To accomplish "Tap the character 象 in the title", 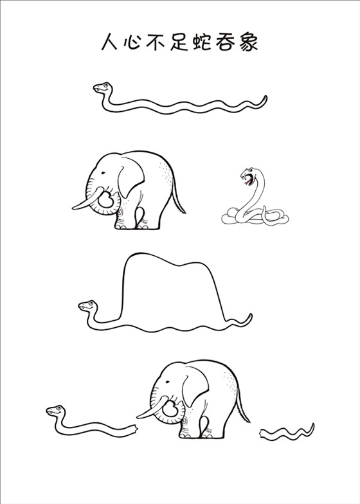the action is click(248, 41).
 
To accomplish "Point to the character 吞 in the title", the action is click(225, 41).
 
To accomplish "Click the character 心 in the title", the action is click(132, 41).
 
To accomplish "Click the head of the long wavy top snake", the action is click(103, 87).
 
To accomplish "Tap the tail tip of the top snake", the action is click(265, 96).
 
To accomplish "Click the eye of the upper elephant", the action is click(103, 173).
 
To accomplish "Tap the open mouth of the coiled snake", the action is click(247, 179).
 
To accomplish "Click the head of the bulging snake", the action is click(87, 306).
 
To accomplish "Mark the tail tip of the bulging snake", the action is click(251, 315).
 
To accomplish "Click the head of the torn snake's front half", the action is click(55, 411).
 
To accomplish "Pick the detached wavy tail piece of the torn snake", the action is click(287, 432).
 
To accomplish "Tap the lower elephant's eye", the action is click(167, 382).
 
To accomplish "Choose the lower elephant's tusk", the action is click(152, 409).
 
